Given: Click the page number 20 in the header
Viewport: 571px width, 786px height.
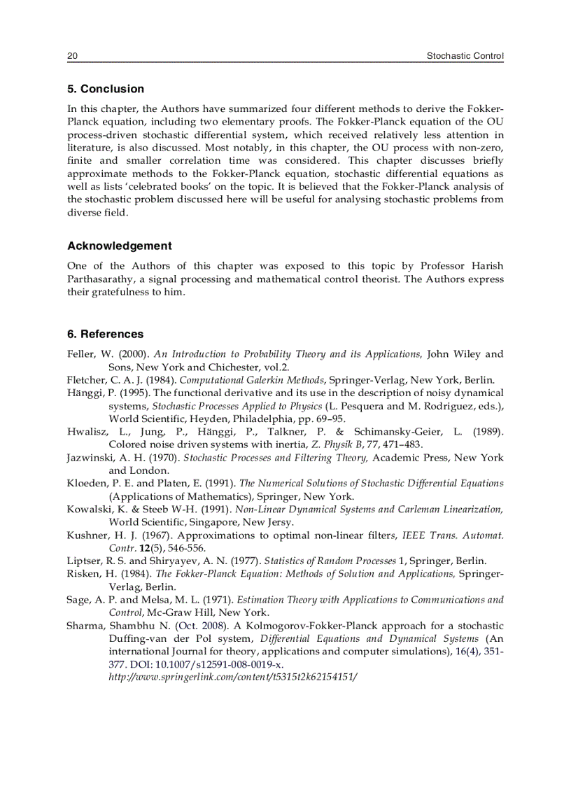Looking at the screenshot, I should coord(71,56).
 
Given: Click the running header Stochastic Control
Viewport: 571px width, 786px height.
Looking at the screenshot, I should coord(465,56).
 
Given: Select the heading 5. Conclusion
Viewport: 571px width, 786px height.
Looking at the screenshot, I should coord(106,89).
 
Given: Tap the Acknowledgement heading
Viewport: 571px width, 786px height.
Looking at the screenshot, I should coord(119,246).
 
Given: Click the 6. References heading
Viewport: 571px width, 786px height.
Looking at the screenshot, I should coord(105,334).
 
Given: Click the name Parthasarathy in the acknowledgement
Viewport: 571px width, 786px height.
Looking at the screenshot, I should coord(104,279).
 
